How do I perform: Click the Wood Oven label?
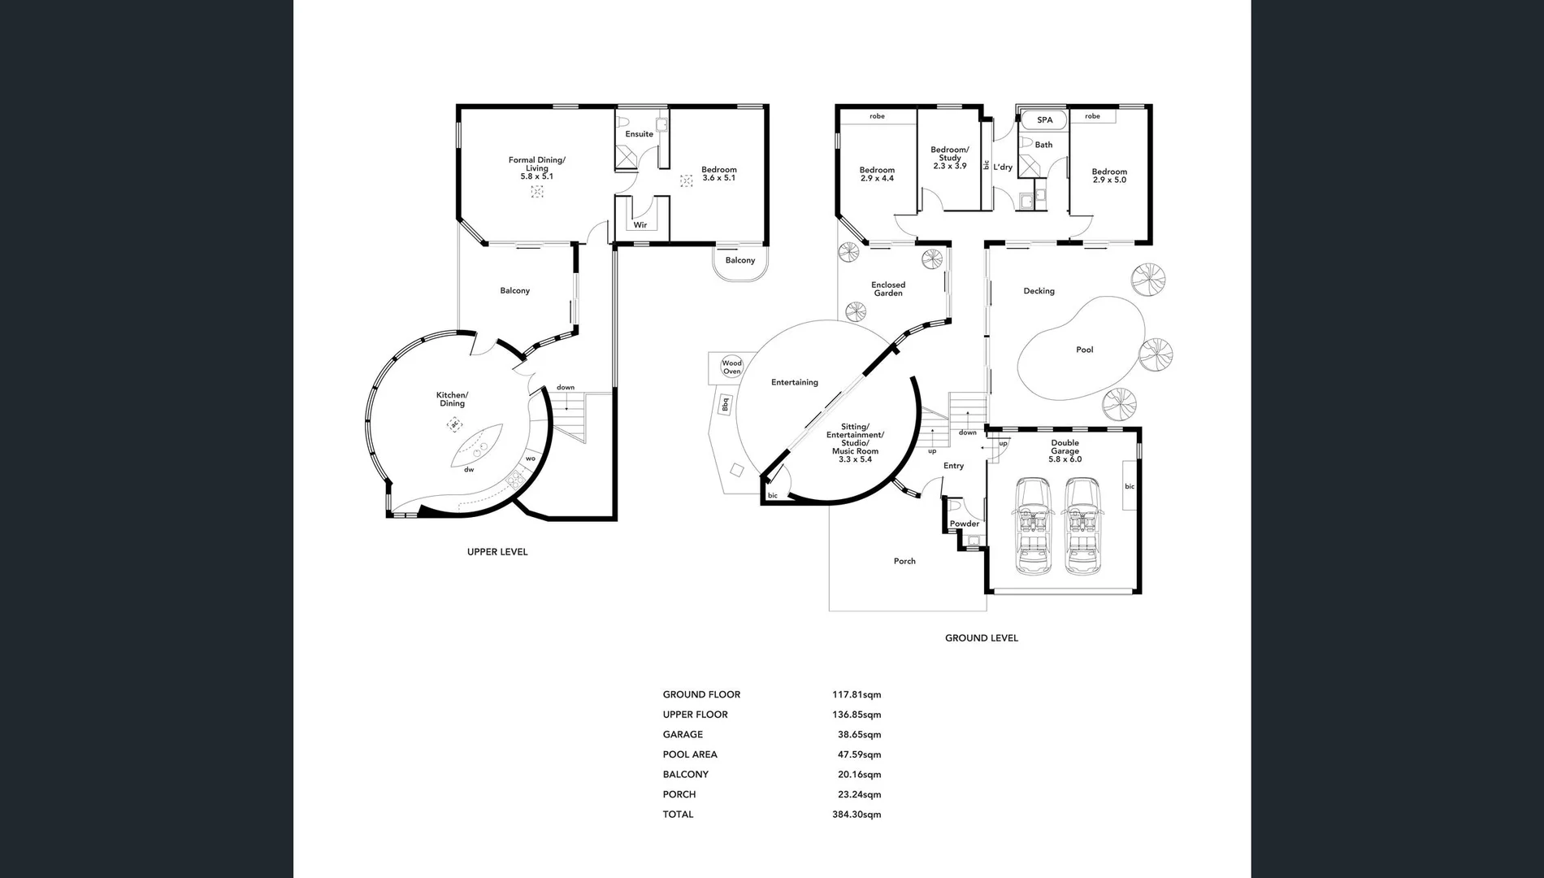tap(731, 367)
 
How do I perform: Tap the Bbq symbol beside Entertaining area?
tap(725, 403)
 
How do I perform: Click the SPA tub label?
tap(1044, 120)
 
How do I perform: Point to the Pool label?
tap(1084, 350)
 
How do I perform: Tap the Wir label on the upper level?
tap(640, 225)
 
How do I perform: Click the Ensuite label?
tap(639, 134)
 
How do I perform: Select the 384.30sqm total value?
tap(856, 815)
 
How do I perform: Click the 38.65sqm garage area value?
tap(859, 735)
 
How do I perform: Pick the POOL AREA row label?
tap(689, 754)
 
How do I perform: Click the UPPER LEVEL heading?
tap(497, 552)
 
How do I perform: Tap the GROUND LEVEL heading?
tap(981, 638)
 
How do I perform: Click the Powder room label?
tap(965, 524)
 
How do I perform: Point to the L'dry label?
tap(1003, 167)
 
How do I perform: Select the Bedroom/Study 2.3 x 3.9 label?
tap(949, 158)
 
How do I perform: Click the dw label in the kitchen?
tap(469, 470)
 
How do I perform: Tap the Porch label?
tap(904, 561)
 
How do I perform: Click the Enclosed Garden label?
tap(888, 289)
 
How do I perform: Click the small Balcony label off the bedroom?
tap(739, 260)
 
